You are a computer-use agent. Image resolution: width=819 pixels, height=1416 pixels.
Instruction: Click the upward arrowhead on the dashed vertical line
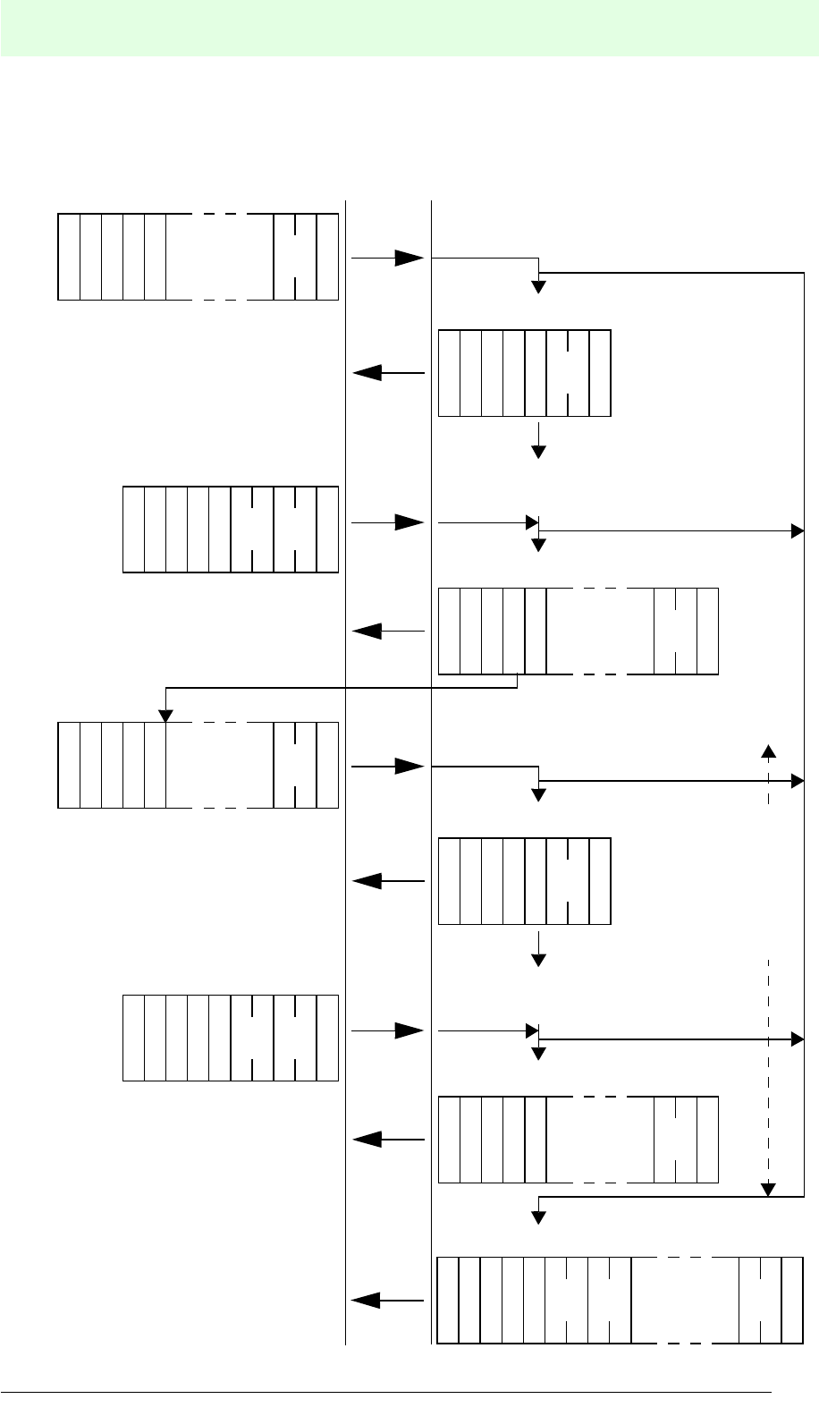click(x=768, y=750)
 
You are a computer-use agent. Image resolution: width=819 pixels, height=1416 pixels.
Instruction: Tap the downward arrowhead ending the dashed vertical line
click(x=768, y=1189)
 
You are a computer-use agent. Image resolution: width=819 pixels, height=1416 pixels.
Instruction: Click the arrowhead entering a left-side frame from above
click(x=165, y=716)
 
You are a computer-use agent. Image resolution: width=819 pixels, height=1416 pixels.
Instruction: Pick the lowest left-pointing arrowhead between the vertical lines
click(x=366, y=1301)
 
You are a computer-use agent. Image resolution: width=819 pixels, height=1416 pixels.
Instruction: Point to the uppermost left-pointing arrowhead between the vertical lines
click(x=366, y=373)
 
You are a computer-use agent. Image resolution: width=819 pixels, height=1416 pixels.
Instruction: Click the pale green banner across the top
click(x=409, y=29)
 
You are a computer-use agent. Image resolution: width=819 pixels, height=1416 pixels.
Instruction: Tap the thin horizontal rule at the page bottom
click(x=384, y=1392)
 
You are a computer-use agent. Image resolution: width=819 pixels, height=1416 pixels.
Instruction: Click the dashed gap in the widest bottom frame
click(x=685, y=1301)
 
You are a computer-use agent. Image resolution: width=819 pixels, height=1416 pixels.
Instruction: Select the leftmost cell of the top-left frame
click(x=69, y=257)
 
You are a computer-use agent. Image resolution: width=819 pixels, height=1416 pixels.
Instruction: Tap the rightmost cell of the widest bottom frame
click(x=792, y=1301)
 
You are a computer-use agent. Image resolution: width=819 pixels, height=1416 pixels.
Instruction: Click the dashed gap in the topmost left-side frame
click(x=219, y=257)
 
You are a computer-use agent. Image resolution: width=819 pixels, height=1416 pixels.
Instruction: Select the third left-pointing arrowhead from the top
click(x=366, y=881)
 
